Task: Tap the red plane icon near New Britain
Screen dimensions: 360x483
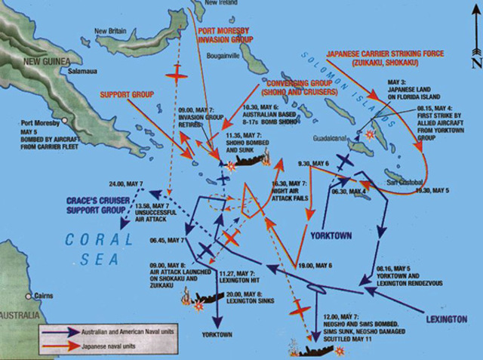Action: pos(177,76)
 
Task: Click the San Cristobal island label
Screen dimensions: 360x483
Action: pos(405,183)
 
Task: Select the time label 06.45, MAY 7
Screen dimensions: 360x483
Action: pos(168,239)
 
